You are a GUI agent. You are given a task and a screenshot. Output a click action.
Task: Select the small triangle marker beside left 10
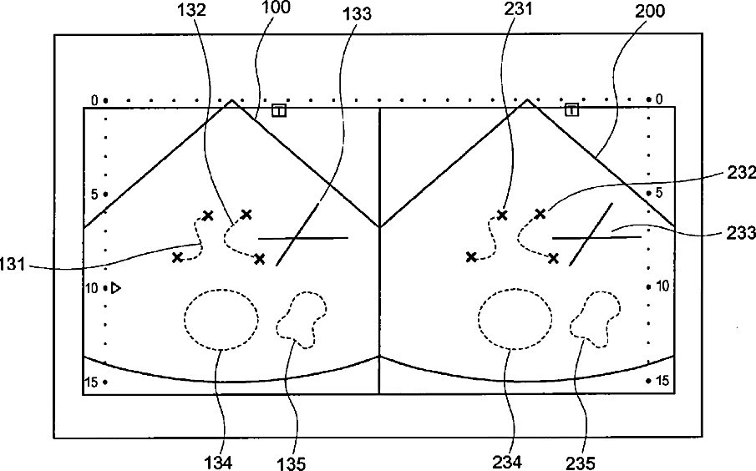(x=117, y=288)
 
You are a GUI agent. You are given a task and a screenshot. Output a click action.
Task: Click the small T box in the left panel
(x=279, y=110)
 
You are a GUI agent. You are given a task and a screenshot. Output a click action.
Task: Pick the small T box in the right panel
(x=572, y=110)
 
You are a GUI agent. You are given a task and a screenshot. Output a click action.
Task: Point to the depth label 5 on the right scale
(x=659, y=193)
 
